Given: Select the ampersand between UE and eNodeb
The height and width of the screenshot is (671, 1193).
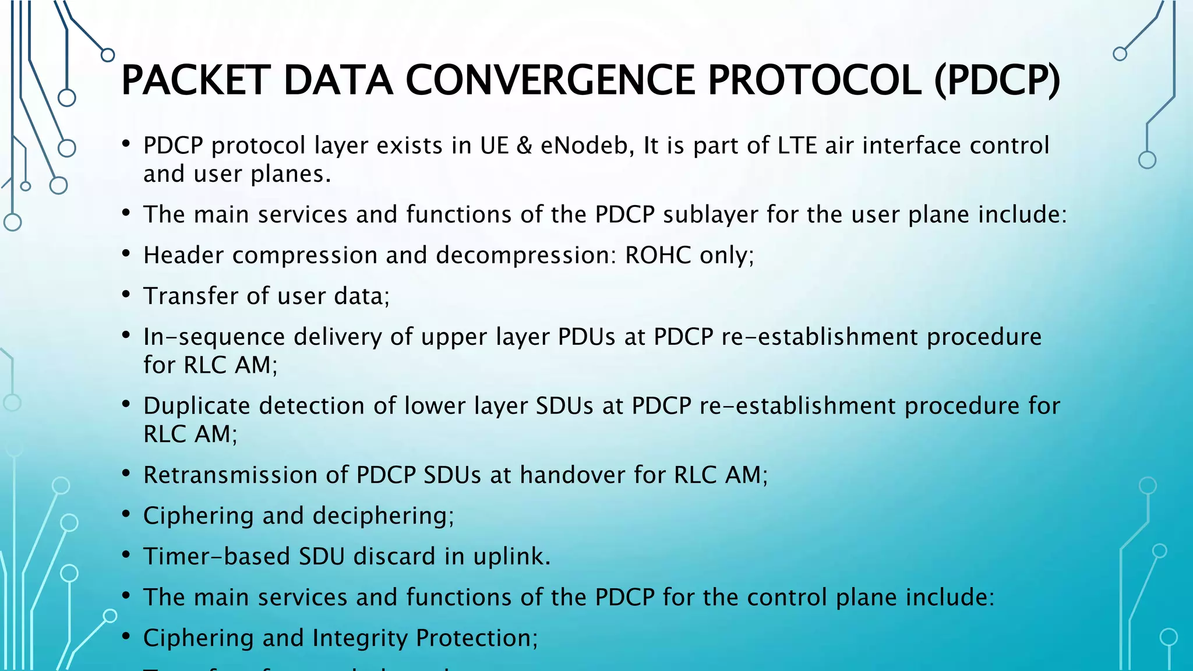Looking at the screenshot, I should click(x=524, y=146).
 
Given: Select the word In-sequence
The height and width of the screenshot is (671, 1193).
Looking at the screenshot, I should click(x=214, y=337).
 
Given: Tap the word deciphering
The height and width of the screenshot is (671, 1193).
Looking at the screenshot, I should click(x=383, y=516).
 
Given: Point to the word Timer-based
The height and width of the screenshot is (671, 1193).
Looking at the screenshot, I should click(x=217, y=556).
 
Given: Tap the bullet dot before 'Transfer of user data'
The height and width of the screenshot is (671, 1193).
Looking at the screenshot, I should click(x=126, y=295).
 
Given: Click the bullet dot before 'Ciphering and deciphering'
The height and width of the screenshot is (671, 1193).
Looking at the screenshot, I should click(x=126, y=514).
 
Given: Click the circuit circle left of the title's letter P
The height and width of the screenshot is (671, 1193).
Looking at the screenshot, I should click(x=108, y=55).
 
